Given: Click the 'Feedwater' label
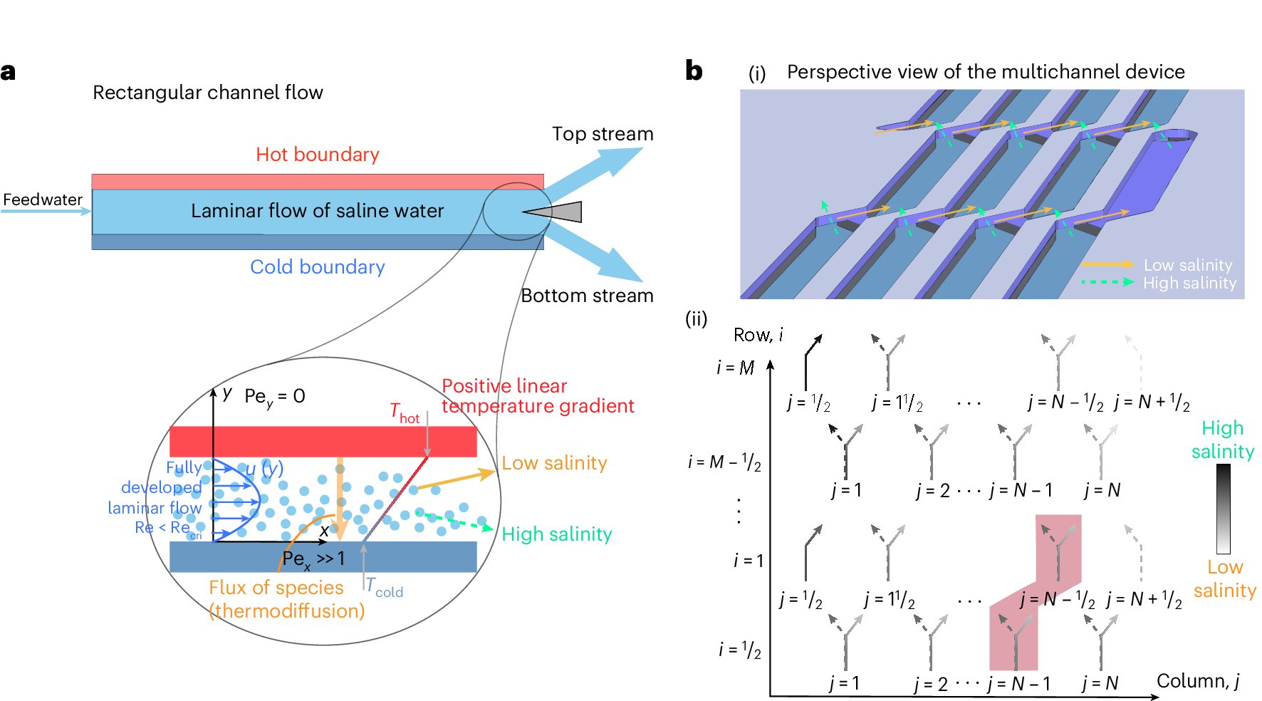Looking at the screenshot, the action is tap(43, 199).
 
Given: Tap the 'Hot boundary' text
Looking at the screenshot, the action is tap(318, 155).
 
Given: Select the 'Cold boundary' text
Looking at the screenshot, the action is tap(318, 267).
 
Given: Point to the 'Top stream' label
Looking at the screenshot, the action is tap(603, 134).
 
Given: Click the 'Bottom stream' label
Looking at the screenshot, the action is tap(587, 296).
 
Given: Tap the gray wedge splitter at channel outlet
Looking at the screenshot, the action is tap(552, 212).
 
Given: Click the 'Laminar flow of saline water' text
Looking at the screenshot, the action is tap(317, 211).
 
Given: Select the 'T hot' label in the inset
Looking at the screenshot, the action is tap(405, 413).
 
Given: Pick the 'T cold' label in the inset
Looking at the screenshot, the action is tap(385, 588).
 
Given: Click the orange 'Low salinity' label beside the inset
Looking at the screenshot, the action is tap(554, 463).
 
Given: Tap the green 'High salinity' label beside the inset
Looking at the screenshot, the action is tap(557, 534).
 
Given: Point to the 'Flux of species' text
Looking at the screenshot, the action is tap(276, 588).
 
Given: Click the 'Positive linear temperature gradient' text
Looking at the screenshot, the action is tap(538, 396).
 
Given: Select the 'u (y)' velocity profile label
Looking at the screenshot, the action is tap(264, 469).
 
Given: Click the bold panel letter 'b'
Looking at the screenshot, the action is tap(694, 71).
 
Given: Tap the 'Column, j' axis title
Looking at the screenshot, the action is tap(1198, 682).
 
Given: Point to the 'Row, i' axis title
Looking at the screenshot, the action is tap(758, 335).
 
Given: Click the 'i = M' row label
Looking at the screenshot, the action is tap(735, 368).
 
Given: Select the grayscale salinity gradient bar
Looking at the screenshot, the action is tap(1224, 509).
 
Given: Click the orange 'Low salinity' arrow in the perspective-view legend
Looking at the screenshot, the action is tap(1107, 264).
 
